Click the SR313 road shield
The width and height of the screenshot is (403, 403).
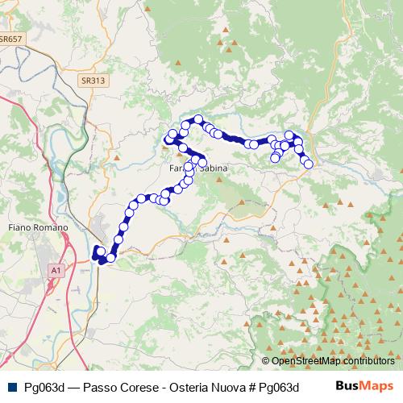tap(93, 81)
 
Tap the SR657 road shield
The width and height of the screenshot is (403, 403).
tap(10, 38)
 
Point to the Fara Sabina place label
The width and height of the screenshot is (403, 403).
tap(198, 168)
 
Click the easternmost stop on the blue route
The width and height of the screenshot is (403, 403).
tap(308, 164)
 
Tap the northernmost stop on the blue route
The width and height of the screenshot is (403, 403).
tap(198, 120)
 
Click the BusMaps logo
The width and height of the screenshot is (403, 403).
tap(364, 385)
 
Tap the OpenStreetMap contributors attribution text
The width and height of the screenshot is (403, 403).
tap(333, 361)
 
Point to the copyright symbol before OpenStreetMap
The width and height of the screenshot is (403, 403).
tap(266, 361)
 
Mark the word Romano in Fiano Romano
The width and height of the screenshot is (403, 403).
tap(51, 228)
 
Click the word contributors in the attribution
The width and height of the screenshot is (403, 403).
tap(366, 361)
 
